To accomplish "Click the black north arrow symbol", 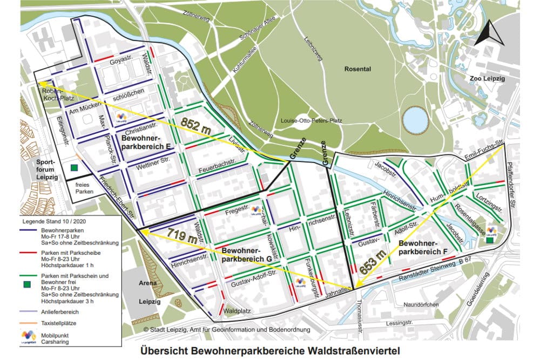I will tap(488, 33).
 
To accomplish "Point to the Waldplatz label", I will tap(236, 311).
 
